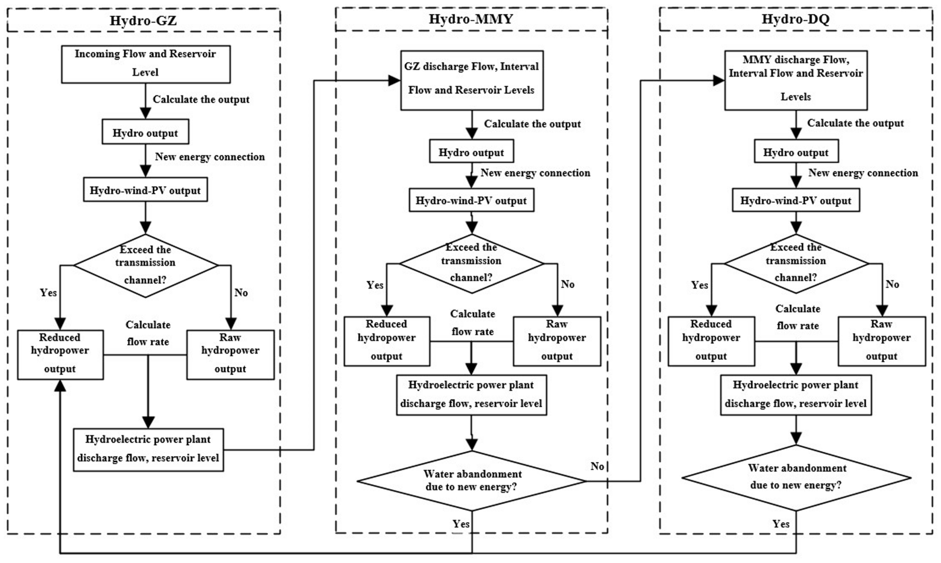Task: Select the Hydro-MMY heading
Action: pyautogui.click(x=471, y=19)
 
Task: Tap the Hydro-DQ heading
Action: pyautogui.click(x=796, y=19)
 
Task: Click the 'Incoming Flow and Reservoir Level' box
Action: pyautogui.click(x=145, y=64)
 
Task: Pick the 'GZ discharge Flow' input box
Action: pyautogui.click(x=472, y=80)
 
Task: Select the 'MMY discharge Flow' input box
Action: pyautogui.click(x=796, y=80)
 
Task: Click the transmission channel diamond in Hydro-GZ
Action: pyautogui.click(x=145, y=265)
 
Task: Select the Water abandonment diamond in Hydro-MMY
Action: pyautogui.click(x=472, y=481)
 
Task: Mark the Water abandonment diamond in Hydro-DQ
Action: pyautogui.click(x=796, y=477)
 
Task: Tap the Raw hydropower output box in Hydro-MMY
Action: pyautogui.click(x=557, y=341)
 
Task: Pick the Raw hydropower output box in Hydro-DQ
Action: pyautogui.click(x=881, y=341)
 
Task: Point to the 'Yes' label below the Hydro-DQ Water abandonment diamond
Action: pyautogui.click(x=781, y=524)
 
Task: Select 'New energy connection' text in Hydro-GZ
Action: pyautogui.click(x=210, y=157)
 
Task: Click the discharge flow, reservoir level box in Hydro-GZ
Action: pyautogui.click(x=148, y=450)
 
